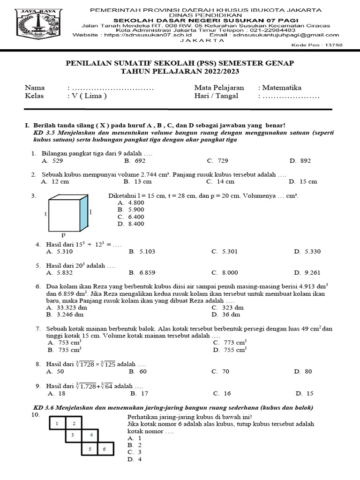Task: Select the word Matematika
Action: tap(282, 88)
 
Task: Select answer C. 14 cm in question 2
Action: tap(220, 181)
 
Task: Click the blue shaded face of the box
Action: tap(84, 213)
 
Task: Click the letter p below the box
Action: tap(63, 234)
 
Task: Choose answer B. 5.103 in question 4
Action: tap(142, 251)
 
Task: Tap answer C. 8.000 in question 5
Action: tap(225, 272)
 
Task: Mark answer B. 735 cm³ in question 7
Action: tap(65, 349)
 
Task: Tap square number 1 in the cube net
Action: tap(57, 424)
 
